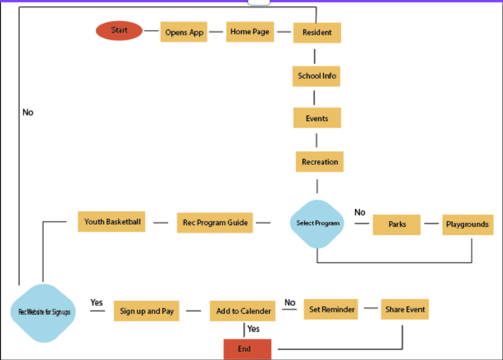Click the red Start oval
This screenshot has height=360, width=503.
[119, 31]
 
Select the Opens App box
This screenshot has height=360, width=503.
[184, 33]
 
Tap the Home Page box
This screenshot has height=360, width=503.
[250, 32]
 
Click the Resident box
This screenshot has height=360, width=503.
[317, 33]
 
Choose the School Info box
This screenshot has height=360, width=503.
[317, 76]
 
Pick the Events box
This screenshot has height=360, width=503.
[317, 118]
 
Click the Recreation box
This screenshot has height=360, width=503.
[319, 162]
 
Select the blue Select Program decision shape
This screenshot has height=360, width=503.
[317, 223]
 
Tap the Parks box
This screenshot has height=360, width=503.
[397, 225]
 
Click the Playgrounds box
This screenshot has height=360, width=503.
[467, 225]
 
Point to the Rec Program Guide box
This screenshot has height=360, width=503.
[215, 223]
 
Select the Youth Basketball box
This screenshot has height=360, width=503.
[112, 222]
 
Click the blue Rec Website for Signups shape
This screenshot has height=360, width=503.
[44, 312]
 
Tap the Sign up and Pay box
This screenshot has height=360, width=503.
[146, 311]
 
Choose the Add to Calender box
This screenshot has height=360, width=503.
[244, 311]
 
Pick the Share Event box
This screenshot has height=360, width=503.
[405, 309]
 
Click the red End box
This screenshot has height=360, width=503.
[247, 349]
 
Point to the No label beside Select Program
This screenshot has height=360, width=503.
[360, 213]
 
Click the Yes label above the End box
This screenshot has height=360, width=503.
[253, 329]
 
